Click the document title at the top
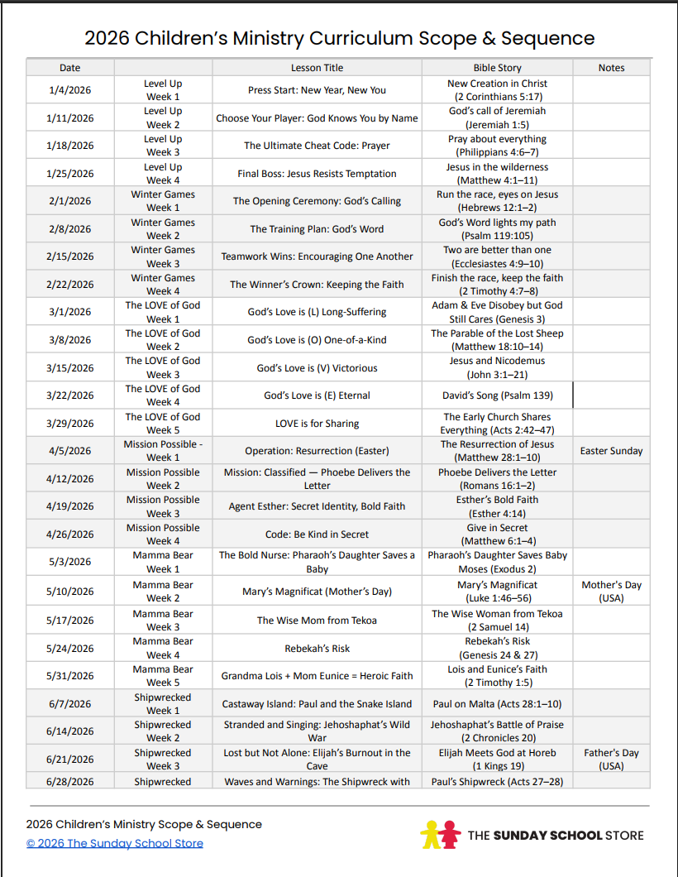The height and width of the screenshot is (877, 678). (x=339, y=38)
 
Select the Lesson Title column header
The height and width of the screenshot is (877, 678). (x=317, y=68)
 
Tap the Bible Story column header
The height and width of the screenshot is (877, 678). (x=497, y=68)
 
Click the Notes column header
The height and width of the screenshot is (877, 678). (x=611, y=68)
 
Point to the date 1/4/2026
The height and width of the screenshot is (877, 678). (x=70, y=90)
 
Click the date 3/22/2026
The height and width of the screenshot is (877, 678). (x=70, y=395)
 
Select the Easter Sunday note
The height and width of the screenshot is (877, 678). (x=611, y=451)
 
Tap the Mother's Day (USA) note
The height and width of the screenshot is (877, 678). (x=611, y=592)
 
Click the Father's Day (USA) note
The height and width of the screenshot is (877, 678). (x=611, y=760)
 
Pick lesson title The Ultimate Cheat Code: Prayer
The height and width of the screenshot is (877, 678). (x=317, y=146)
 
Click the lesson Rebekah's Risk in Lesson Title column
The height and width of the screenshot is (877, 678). (x=317, y=649)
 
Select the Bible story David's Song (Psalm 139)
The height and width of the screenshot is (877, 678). (x=497, y=395)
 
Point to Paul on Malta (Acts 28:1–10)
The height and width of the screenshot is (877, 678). (x=497, y=704)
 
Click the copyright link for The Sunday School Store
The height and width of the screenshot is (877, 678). (x=114, y=843)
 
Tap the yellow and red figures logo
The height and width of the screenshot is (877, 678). (x=440, y=834)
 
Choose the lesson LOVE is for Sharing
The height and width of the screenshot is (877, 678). (x=317, y=424)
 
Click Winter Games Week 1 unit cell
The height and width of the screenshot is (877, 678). (x=163, y=201)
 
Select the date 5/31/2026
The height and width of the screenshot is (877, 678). (x=70, y=676)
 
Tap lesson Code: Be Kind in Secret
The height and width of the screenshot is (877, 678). (x=317, y=534)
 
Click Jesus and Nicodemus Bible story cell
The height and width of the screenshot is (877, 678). (x=497, y=367)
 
